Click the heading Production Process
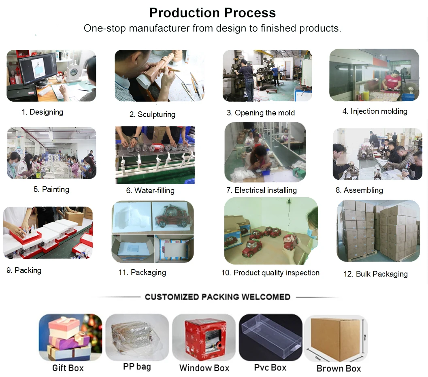(x=213, y=13)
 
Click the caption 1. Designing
(x=42, y=112)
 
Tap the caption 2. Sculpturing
(x=152, y=114)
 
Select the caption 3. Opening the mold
(x=260, y=113)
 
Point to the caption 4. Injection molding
(x=375, y=111)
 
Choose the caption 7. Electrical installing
(x=261, y=190)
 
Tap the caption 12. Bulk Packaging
(x=375, y=274)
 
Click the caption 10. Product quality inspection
(x=270, y=273)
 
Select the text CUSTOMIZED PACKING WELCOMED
(x=217, y=297)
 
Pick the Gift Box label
(x=68, y=368)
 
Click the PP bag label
(x=137, y=367)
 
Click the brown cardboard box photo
(x=338, y=338)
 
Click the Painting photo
(x=51, y=153)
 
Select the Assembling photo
(x=377, y=154)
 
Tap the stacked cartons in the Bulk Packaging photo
(x=377, y=231)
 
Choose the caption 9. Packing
(x=24, y=270)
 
